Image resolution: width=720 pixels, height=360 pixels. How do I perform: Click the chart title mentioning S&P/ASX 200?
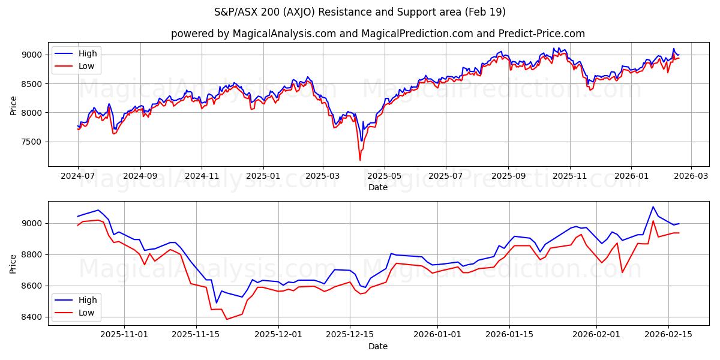[360, 12]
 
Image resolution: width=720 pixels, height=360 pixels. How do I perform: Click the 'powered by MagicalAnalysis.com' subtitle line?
[378, 34]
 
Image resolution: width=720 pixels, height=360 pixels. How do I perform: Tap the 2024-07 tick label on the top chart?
[78, 176]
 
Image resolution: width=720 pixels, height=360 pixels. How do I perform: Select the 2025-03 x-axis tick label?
[323, 176]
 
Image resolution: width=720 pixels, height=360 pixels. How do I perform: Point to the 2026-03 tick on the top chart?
[691, 176]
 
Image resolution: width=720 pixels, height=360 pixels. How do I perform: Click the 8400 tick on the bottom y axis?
[31, 317]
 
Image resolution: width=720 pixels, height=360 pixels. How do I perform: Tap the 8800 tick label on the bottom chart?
[31, 254]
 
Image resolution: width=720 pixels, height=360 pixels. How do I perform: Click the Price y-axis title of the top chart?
[13, 106]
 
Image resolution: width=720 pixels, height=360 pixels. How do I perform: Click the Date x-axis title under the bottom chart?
[378, 346]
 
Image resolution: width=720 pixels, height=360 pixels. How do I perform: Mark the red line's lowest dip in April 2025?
[360, 160]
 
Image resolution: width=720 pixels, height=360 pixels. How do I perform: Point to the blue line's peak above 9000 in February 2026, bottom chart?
[653, 207]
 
